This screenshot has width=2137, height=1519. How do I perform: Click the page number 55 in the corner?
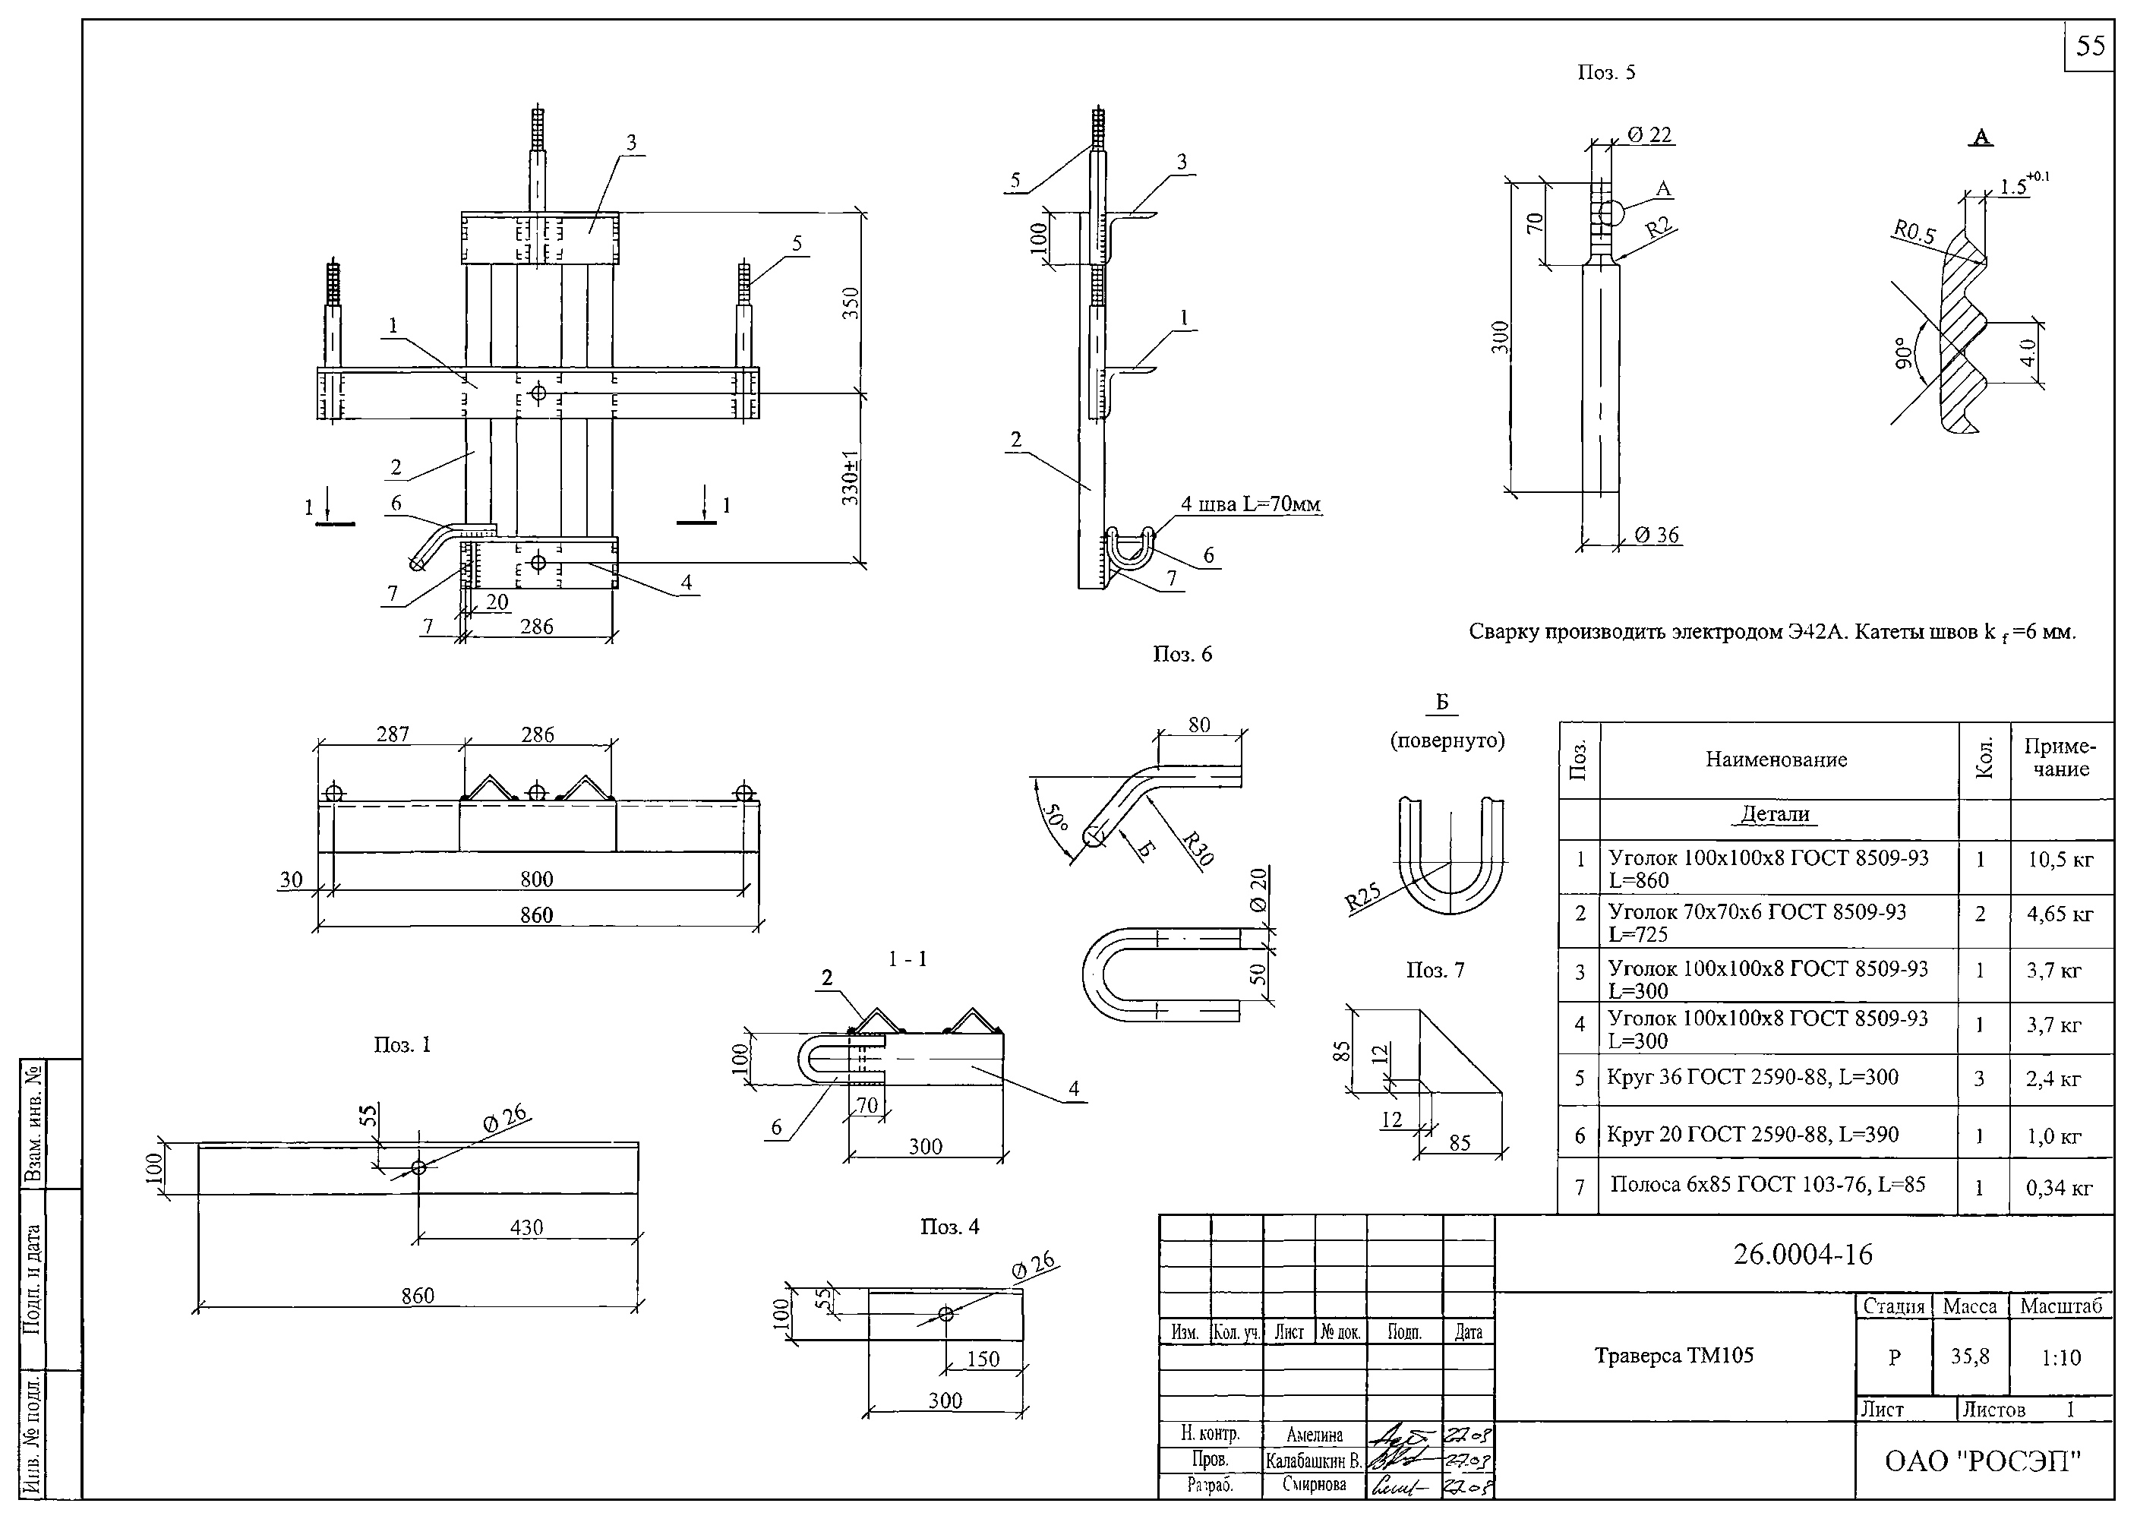click(x=2089, y=46)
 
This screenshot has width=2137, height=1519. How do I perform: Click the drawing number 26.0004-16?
click(x=1802, y=1254)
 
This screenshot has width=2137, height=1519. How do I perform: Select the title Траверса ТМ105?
click(x=1674, y=1355)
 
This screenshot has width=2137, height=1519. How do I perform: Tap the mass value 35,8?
click(x=1970, y=1356)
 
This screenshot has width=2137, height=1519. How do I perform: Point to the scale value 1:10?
click(x=2061, y=1357)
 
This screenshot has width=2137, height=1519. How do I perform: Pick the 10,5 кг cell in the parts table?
click(x=2060, y=860)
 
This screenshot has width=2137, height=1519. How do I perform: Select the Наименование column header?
click(x=1776, y=759)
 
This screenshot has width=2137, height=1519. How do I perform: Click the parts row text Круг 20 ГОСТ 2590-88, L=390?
click(x=1753, y=1135)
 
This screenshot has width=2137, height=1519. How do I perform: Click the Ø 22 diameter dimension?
click(x=1649, y=134)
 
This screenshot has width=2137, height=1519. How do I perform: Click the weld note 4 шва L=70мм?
click(x=1251, y=505)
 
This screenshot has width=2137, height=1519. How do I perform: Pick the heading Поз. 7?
click(x=1435, y=971)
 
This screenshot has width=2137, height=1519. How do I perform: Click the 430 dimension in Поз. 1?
click(x=526, y=1227)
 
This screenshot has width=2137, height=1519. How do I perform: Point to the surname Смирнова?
click(x=1314, y=1484)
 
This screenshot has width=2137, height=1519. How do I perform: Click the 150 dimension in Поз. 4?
click(x=983, y=1359)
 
